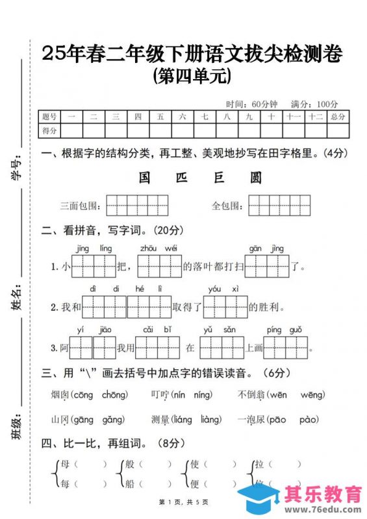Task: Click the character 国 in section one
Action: tap(145, 178)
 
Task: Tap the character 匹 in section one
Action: tap(181, 178)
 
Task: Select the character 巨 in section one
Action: tap(218, 178)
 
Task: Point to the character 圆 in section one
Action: tap(256, 178)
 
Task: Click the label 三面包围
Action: tap(80, 206)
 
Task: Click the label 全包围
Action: tap(227, 206)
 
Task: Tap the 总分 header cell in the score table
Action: tap(338, 117)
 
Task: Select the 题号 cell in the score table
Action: tap(50, 117)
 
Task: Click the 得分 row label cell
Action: tap(50, 130)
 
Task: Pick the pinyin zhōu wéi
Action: tap(158, 249)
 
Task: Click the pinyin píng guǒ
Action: tap(285, 330)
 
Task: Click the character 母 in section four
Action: tap(64, 465)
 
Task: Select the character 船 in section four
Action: tap(129, 483)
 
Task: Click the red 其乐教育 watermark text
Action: tap(323, 495)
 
